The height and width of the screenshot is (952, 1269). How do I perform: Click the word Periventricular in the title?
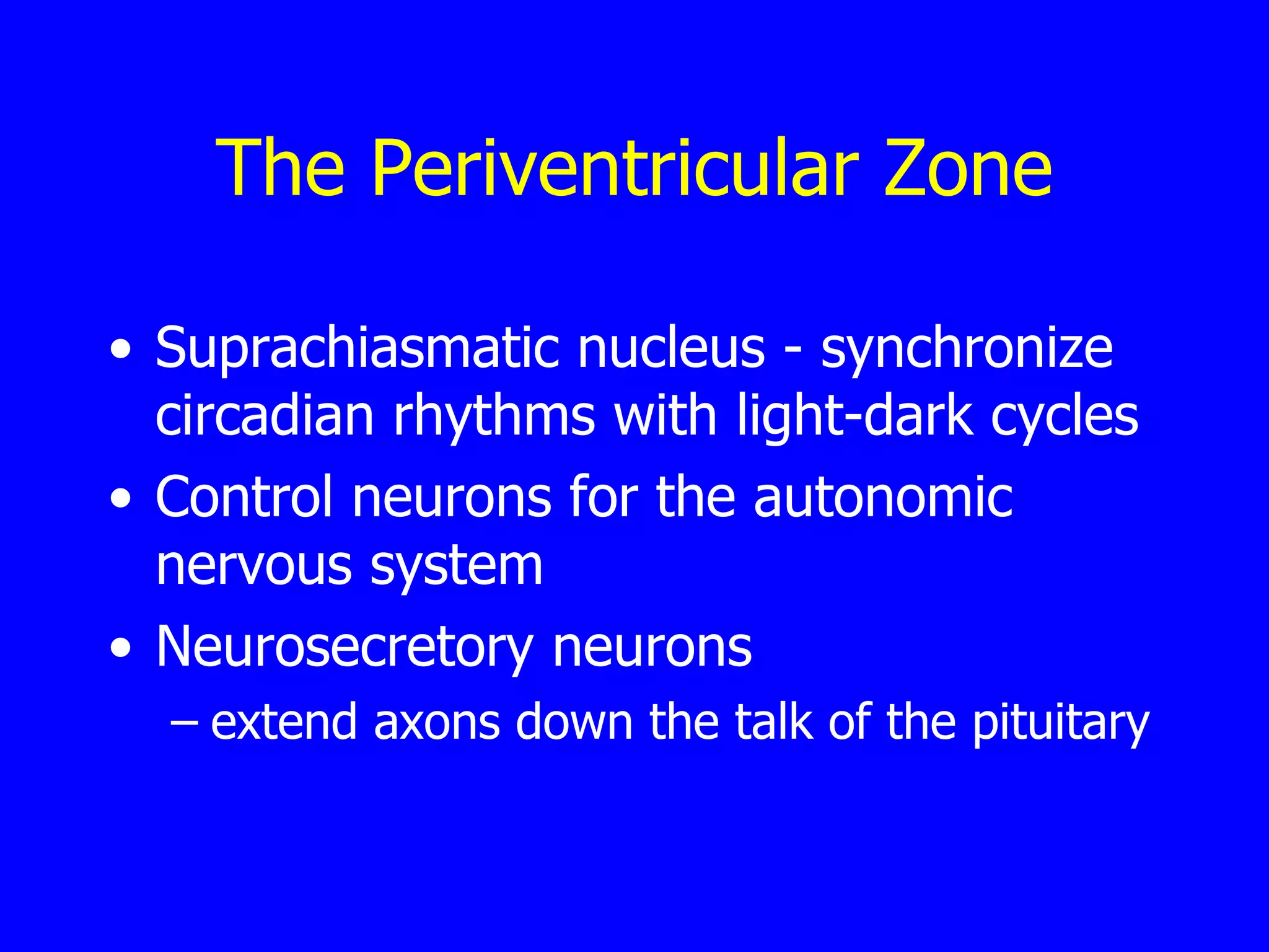[x=615, y=169]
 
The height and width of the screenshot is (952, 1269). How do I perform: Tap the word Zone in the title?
[x=968, y=169]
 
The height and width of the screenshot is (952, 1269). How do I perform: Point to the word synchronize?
[x=967, y=350]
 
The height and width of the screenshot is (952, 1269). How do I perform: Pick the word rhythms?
[x=494, y=416]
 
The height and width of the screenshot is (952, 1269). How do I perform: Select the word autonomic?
[x=883, y=497]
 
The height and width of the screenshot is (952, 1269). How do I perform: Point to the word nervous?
[x=254, y=565]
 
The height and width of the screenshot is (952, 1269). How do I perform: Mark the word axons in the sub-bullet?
[x=437, y=722]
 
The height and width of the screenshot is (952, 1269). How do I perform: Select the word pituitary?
[x=1061, y=723]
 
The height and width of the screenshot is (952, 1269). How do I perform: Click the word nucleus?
[x=671, y=350]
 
